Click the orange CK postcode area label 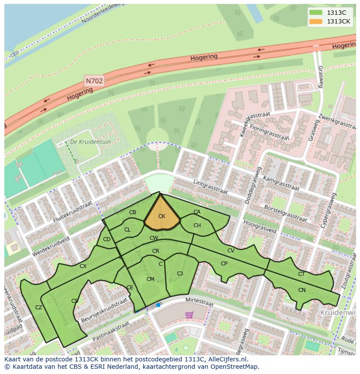click(162, 216)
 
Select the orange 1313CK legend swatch click(316, 21)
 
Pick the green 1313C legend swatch click(316, 13)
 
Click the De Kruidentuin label click(84, 142)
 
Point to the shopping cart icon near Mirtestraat click(189, 314)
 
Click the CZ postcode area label click(39, 308)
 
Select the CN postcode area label click(302, 290)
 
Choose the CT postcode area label click(301, 274)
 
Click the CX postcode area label click(83, 266)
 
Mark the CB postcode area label click(133, 212)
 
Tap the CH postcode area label click(197, 225)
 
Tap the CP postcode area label click(224, 264)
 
